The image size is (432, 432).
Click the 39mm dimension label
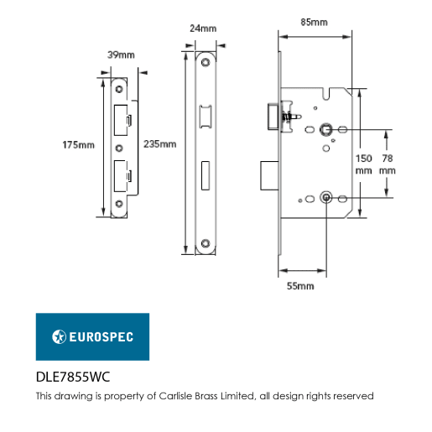(122, 55)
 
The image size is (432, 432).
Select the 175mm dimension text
(79, 145)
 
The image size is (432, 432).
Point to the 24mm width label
(202, 28)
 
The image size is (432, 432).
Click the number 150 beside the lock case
(362, 158)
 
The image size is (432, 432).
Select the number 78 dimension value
(387, 158)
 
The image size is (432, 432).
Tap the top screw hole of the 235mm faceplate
(206, 64)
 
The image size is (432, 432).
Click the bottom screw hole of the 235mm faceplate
(206, 242)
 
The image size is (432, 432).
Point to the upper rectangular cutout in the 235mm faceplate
(206, 117)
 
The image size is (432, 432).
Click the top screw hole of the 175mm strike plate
(119, 88)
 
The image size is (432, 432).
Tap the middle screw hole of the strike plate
(119, 147)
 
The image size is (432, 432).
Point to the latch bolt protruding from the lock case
(273, 115)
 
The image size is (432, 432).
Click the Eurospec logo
(92, 336)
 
